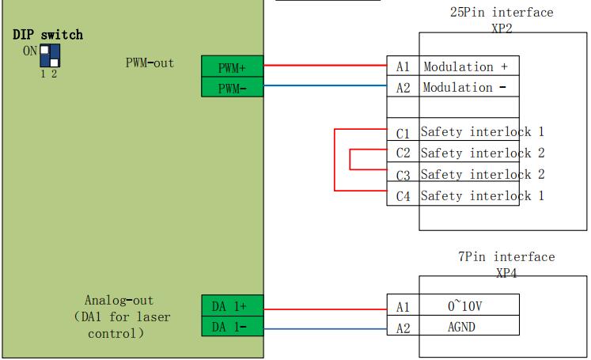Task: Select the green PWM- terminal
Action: click(x=232, y=88)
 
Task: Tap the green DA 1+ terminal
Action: click(x=232, y=306)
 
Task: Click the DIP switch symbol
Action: click(x=50, y=55)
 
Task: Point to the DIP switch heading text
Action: click(x=47, y=35)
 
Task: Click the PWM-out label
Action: click(x=150, y=63)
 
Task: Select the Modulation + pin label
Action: click(x=465, y=67)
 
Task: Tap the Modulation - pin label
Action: click(x=464, y=88)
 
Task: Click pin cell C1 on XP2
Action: click(x=403, y=132)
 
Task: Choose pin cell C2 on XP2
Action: click(x=403, y=153)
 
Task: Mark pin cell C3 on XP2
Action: click(x=403, y=174)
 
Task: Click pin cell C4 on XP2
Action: click(x=403, y=195)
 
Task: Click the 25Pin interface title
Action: click(x=502, y=13)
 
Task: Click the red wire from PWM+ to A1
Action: click(x=324, y=66)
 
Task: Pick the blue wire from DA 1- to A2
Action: click(x=324, y=328)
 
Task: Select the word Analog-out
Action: click(x=119, y=301)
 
